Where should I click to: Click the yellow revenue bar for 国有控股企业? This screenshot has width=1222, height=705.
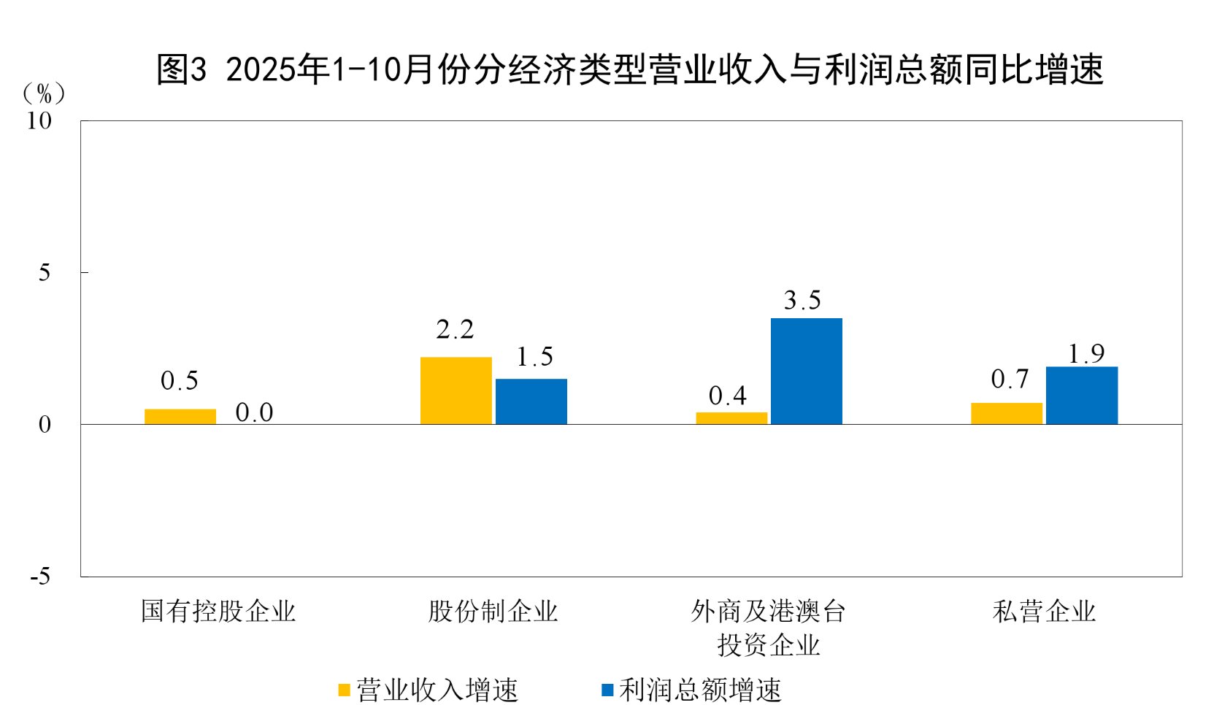(180, 416)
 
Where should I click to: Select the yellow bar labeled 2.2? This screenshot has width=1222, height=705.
(456, 390)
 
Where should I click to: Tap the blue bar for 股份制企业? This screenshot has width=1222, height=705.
(531, 401)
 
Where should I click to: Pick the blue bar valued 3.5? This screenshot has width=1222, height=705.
(807, 371)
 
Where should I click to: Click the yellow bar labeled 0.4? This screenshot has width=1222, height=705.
(731, 418)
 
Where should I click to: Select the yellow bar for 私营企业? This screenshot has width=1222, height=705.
(1007, 413)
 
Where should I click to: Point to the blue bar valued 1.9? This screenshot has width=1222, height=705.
(1082, 395)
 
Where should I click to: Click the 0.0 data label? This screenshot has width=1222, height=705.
(254, 413)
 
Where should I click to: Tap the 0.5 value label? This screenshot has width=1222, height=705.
(180, 381)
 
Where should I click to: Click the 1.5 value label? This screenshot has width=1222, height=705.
(534, 358)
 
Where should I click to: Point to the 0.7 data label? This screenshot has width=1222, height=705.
(1010, 380)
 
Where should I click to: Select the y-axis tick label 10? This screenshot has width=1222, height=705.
(39, 121)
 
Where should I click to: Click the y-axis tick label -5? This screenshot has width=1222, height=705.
(41, 577)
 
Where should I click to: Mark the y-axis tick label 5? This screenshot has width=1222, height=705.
(45, 273)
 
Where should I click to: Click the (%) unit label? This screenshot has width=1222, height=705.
(44, 93)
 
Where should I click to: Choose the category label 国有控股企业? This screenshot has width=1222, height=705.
(218, 612)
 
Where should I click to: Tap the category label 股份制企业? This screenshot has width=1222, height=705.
(493, 612)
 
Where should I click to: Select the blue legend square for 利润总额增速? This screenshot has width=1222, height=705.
(607, 690)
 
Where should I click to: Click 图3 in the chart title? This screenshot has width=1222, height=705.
(182, 70)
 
